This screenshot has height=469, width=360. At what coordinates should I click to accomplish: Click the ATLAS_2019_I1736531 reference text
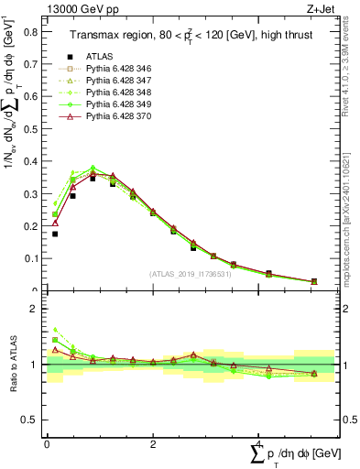click(190, 274)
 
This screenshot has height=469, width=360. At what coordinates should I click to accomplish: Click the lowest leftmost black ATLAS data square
click(55, 234)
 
